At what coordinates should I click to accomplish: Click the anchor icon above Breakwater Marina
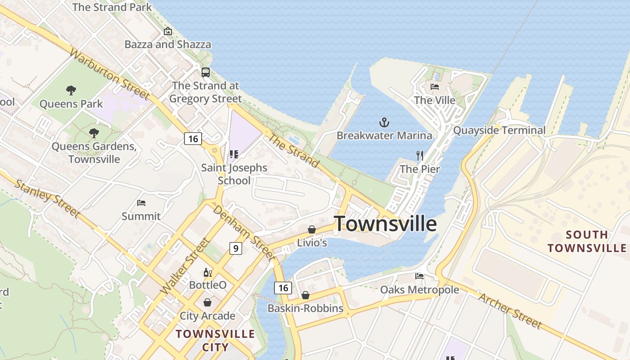point(384,122)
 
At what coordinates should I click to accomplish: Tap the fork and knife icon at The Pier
point(420,156)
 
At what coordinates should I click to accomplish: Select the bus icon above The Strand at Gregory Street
point(206,72)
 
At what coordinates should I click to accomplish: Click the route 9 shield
point(235,248)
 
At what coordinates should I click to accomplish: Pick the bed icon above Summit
point(141,203)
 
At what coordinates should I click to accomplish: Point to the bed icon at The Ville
point(435,86)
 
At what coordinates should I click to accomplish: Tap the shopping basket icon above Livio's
point(311,229)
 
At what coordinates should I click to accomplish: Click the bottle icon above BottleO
point(207,272)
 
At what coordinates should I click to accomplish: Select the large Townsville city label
point(385,224)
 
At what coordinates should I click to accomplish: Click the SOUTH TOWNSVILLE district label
point(587,241)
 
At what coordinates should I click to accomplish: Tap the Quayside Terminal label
point(499,130)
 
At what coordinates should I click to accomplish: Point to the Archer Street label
point(510,310)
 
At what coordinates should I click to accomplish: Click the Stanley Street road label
point(48,198)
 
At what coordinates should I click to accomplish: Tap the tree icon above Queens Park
point(71,90)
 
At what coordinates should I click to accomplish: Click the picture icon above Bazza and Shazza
point(168,31)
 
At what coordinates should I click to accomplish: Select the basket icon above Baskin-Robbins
point(306,295)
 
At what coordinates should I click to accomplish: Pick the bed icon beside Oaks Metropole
point(419,276)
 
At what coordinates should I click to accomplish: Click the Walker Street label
point(185,266)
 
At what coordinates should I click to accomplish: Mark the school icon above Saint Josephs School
point(234,155)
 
